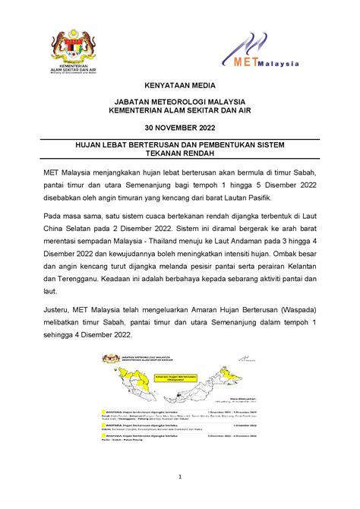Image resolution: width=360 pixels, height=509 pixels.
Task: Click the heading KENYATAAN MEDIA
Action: (x=179, y=87)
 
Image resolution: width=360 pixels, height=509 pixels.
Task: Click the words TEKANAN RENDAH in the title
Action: (x=179, y=151)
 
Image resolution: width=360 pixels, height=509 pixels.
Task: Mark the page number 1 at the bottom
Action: (x=180, y=477)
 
